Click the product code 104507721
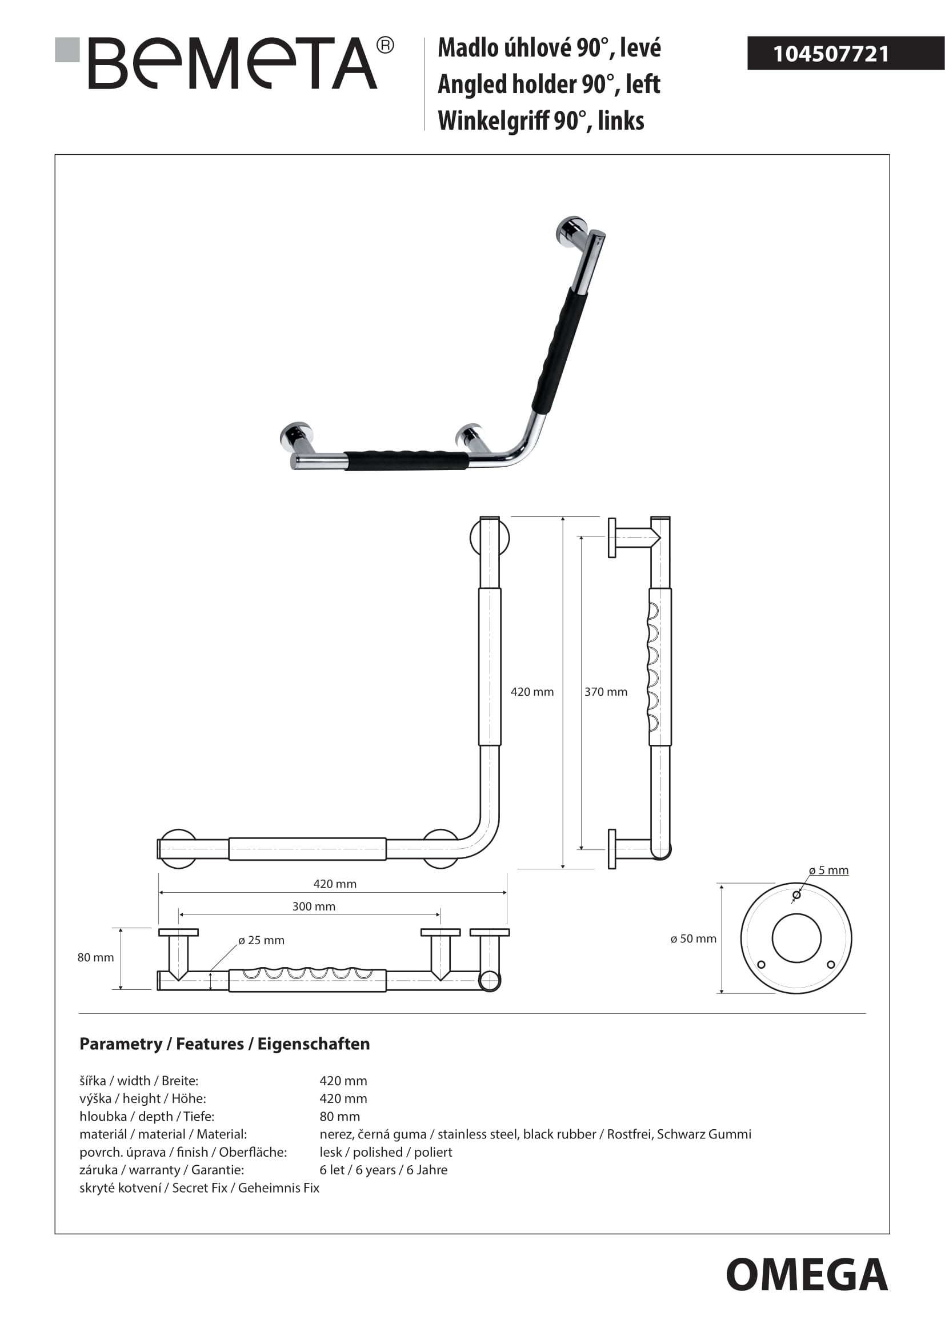tap(830, 54)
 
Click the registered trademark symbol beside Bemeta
tap(385, 45)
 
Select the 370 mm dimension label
tap(606, 692)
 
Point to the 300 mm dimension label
tap(314, 906)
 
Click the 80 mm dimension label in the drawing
tap(95, 957)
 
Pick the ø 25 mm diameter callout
tap(261, 940)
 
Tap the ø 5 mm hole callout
tap(828, 870)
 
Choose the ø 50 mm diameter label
tap(693, 938)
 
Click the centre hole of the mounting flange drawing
tap(796, 938)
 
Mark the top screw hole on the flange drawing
tap(796, 894)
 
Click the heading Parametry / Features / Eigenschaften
tap(225, 1044)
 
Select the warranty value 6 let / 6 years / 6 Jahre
tap(383, 1170)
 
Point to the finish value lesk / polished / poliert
tap(386, 1152)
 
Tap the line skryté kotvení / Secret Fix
tap(199, 1187)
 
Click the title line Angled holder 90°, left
tap(548, 85)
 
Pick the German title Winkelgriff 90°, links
tap(540, 121)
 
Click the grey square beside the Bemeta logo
tap(67, 50)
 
